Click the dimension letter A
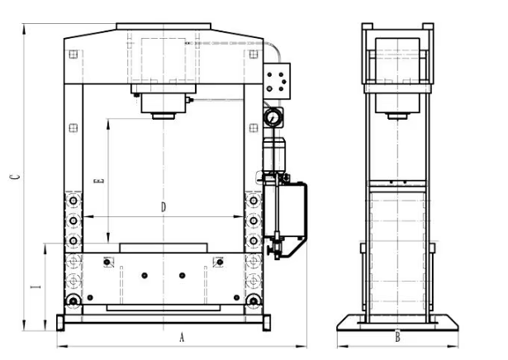(x=182, y=338)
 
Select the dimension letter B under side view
(x=397, y=338)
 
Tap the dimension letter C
(x=15, y=177)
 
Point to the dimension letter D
(x=164, y=207)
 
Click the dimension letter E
(x=99, y=181)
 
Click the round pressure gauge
(x=273, y=117)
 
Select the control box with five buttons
(x=277, y=81)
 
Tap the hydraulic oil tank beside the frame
(x=285, y=210)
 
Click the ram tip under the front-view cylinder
(x=164, y=116)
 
